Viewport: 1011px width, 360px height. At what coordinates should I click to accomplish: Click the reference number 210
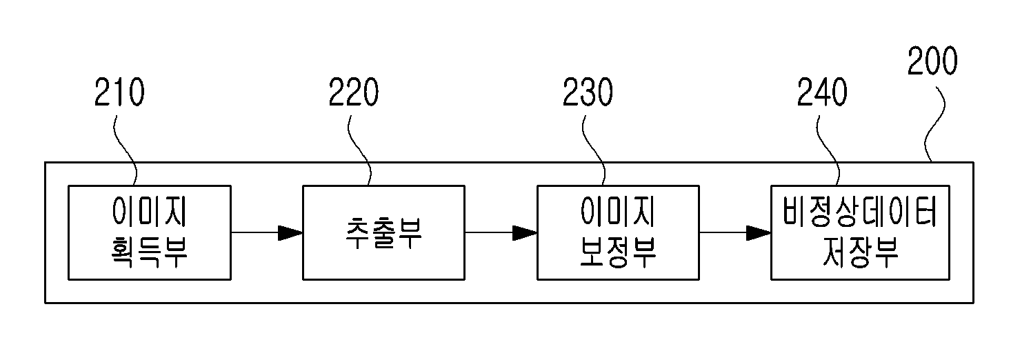(x=119, y=92)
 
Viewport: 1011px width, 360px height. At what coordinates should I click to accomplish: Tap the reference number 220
(x=353, y=92)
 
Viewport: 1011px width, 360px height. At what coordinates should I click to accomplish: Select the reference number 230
(x=588, y=92)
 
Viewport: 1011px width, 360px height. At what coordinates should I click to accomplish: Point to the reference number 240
(x=822, y=92)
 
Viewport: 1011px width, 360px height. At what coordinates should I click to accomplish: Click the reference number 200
(x=932, y=61)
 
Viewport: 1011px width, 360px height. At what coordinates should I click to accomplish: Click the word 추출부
(x=383, y=233)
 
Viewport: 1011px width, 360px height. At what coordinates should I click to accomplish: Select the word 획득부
(x=150, y=252)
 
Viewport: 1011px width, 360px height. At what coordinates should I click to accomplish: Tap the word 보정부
(x=618, y=252)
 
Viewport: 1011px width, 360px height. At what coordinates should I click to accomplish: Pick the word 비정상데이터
(x=859, y=211)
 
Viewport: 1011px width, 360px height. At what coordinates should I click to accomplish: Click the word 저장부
(x=860, y=252)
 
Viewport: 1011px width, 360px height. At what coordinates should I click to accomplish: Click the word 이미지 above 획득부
(x=150, y=211)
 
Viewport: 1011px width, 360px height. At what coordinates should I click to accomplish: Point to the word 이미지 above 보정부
(x=618, y=211)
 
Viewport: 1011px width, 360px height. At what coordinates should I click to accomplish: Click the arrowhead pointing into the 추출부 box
(x=290, y=233)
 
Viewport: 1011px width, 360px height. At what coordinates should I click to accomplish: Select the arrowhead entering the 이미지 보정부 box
(x=524, y=233)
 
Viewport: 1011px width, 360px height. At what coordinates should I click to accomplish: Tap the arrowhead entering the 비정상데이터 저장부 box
(x=759, y=233)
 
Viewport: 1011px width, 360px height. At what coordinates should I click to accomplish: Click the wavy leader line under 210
(x=125, y=150)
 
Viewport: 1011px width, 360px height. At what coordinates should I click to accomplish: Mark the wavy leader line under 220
(x=359, y=150)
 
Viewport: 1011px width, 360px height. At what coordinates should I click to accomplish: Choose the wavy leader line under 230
(x=594, y=150)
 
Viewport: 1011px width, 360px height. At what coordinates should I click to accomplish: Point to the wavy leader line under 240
(x=828, y=150)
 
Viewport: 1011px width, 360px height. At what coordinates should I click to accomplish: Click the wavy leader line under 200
(x=934, y=123)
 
